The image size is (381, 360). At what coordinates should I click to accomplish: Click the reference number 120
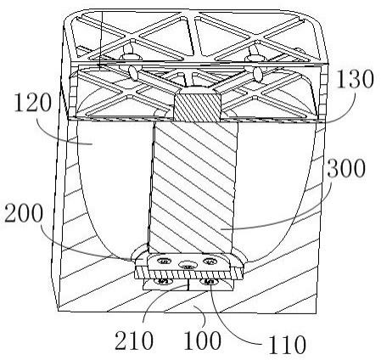33,103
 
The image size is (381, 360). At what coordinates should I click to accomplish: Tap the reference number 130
355,78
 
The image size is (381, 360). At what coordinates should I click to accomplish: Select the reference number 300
346,168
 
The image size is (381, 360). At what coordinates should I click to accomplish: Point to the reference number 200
24,213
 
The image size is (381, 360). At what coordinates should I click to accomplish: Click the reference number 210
134,340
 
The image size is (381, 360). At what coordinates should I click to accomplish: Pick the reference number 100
202,340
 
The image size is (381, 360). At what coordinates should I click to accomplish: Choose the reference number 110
287,345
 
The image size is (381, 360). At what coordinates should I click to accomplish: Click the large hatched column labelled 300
193,187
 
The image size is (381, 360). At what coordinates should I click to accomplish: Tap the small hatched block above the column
197,107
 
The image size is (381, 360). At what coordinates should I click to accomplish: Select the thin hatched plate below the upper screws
189,273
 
